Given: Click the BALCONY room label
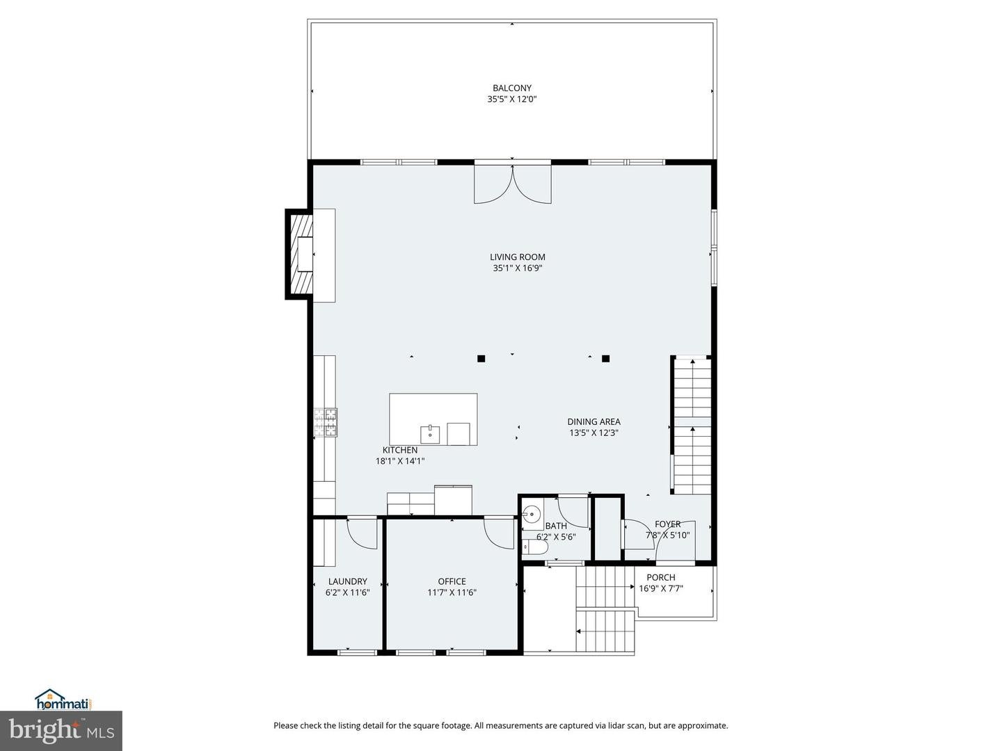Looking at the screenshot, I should (511, 88).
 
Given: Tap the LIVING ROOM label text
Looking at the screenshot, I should (517, 257).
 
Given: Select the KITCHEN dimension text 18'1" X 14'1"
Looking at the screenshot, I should (400, 460).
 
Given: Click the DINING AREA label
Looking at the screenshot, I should (594, 421).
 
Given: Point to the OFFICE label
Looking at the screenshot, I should (452, 581).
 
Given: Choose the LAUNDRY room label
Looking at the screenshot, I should (347, 581).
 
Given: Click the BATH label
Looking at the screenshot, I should (555, 526).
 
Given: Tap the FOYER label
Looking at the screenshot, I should (667, 524).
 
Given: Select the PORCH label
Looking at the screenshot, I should (660, 577).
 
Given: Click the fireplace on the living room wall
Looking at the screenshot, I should (301, 254).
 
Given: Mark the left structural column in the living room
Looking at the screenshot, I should (481, 359).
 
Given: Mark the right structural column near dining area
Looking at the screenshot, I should (605, 359).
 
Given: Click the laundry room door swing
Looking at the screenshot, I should (360, 533).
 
